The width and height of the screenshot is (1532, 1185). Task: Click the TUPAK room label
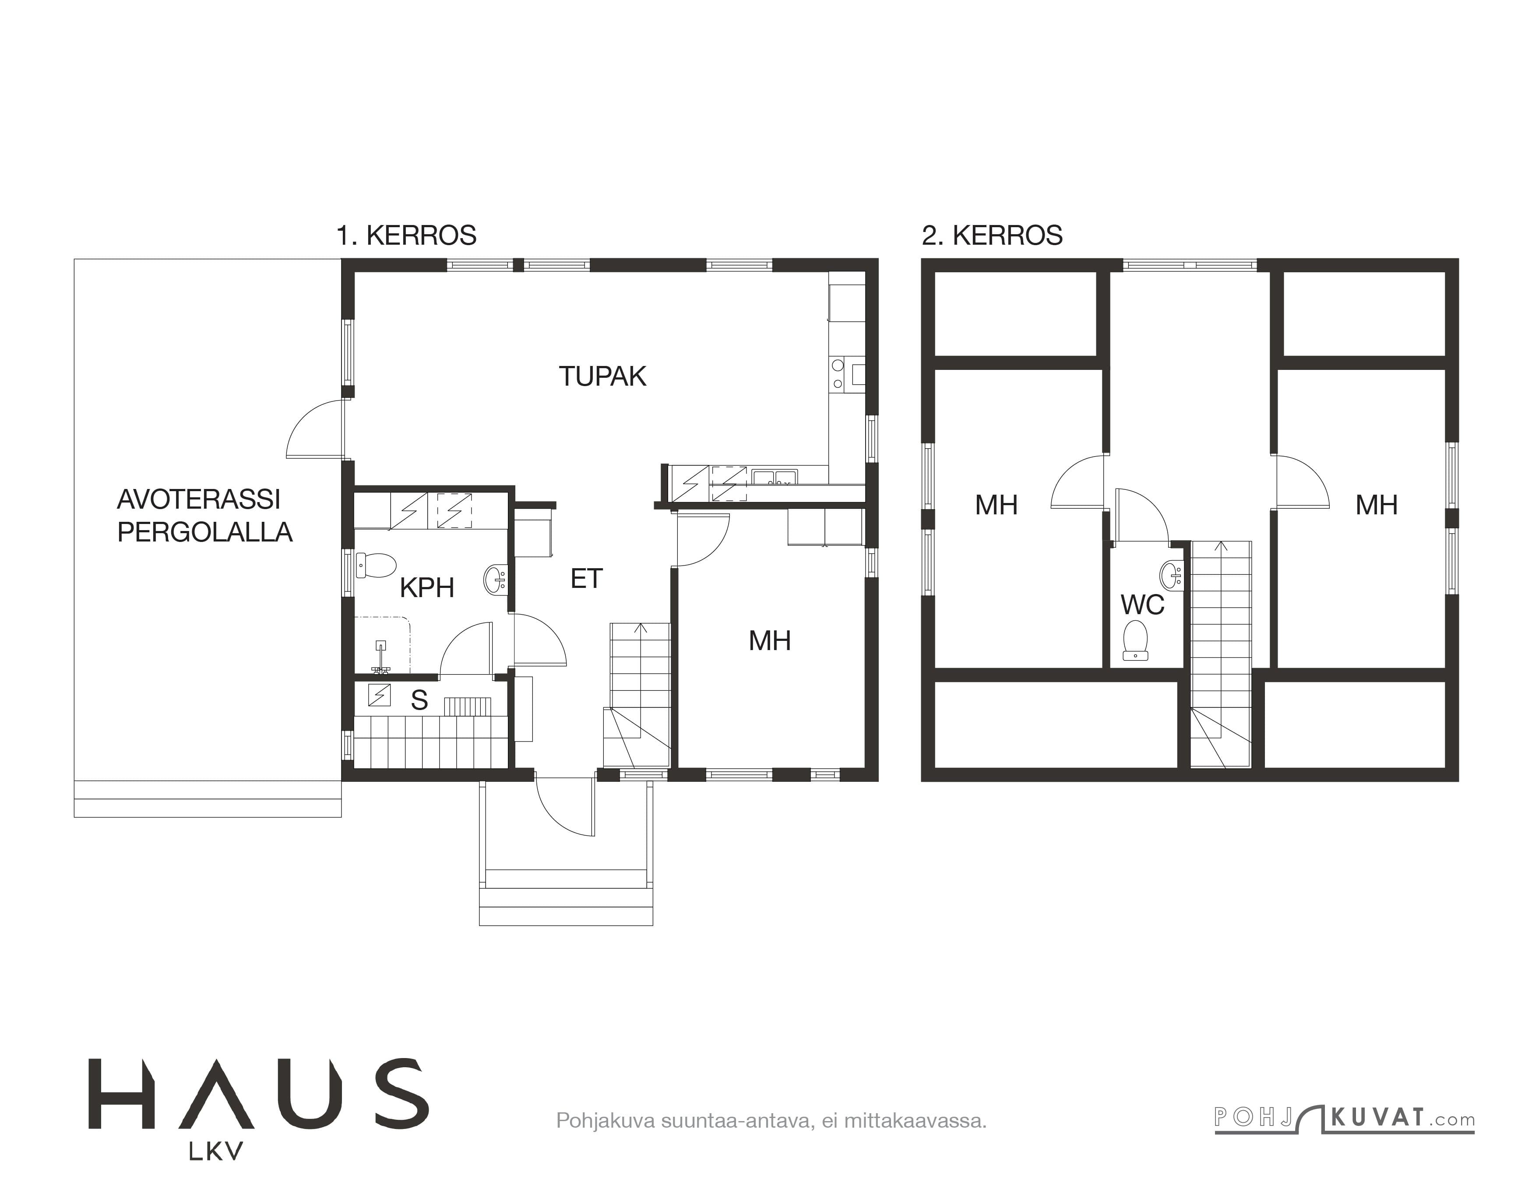tap(602, 376)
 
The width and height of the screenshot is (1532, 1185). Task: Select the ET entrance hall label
tap(586, 578)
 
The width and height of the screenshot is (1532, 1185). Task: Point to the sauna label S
tap(419, 700)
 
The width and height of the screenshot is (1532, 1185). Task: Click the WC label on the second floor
tap(1143, 605)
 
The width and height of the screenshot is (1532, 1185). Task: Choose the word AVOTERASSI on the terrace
tap(198, 499)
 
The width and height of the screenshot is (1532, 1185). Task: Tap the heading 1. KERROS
tap(406, 236)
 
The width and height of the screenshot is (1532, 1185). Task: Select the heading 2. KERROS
tap(992, 236)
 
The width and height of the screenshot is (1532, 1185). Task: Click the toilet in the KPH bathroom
tap(376, 565)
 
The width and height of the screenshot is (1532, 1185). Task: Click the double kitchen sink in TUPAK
tap(774, 478)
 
